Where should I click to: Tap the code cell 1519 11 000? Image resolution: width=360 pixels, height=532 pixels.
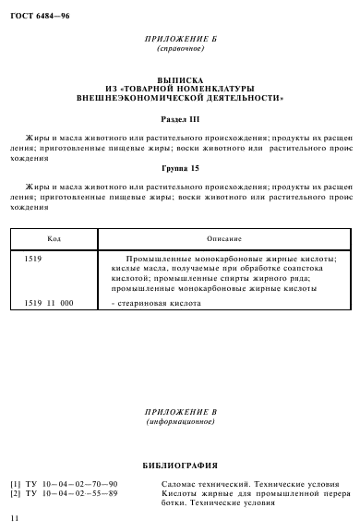[x=49, y=303]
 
